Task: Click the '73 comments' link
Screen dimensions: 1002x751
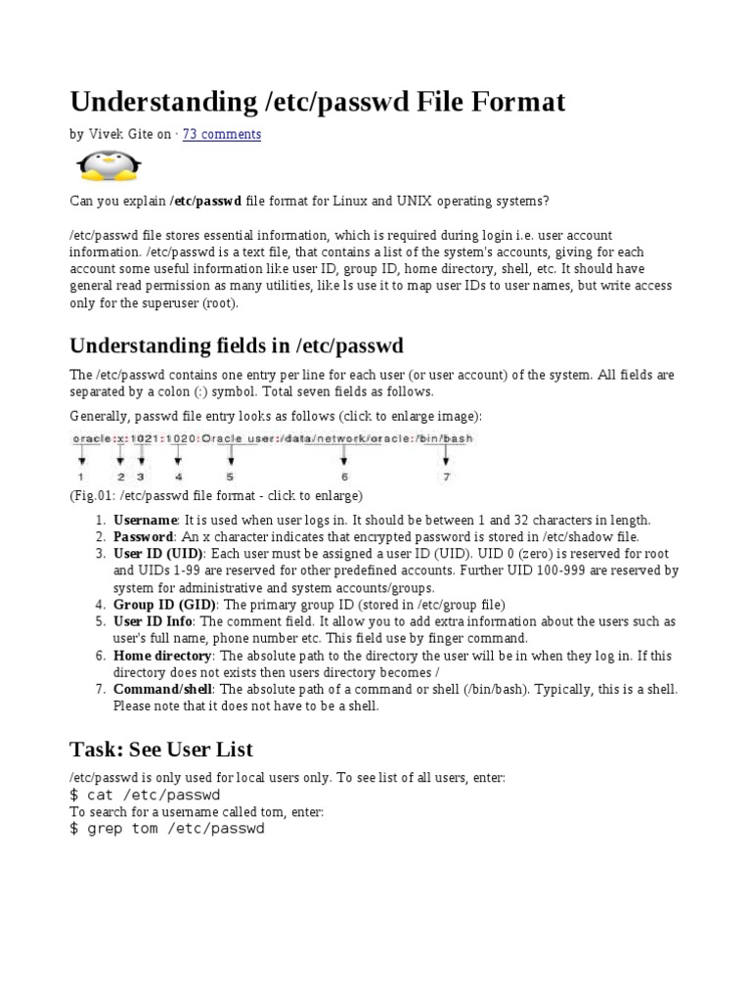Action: tap(222, 134)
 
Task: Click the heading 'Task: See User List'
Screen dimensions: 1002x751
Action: tap(161, 750)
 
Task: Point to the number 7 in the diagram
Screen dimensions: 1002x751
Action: tap(446, 477)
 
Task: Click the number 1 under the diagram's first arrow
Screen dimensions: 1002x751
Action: tap(81, 477)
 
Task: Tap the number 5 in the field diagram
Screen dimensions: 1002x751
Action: tap(230, 477)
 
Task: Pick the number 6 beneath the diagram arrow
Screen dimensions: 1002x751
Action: tap(345, 477)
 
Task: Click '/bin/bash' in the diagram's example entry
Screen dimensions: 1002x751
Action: tap(446, 438)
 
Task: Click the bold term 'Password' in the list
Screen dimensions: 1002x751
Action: tap(143, 537)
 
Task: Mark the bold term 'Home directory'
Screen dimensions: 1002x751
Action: tap(162, 655)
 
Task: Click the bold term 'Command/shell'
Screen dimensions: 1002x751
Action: tap(162, 689)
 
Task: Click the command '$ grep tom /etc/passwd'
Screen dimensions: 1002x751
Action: tap(167, 829)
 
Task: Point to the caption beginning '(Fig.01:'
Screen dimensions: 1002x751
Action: tap(216, 495)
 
